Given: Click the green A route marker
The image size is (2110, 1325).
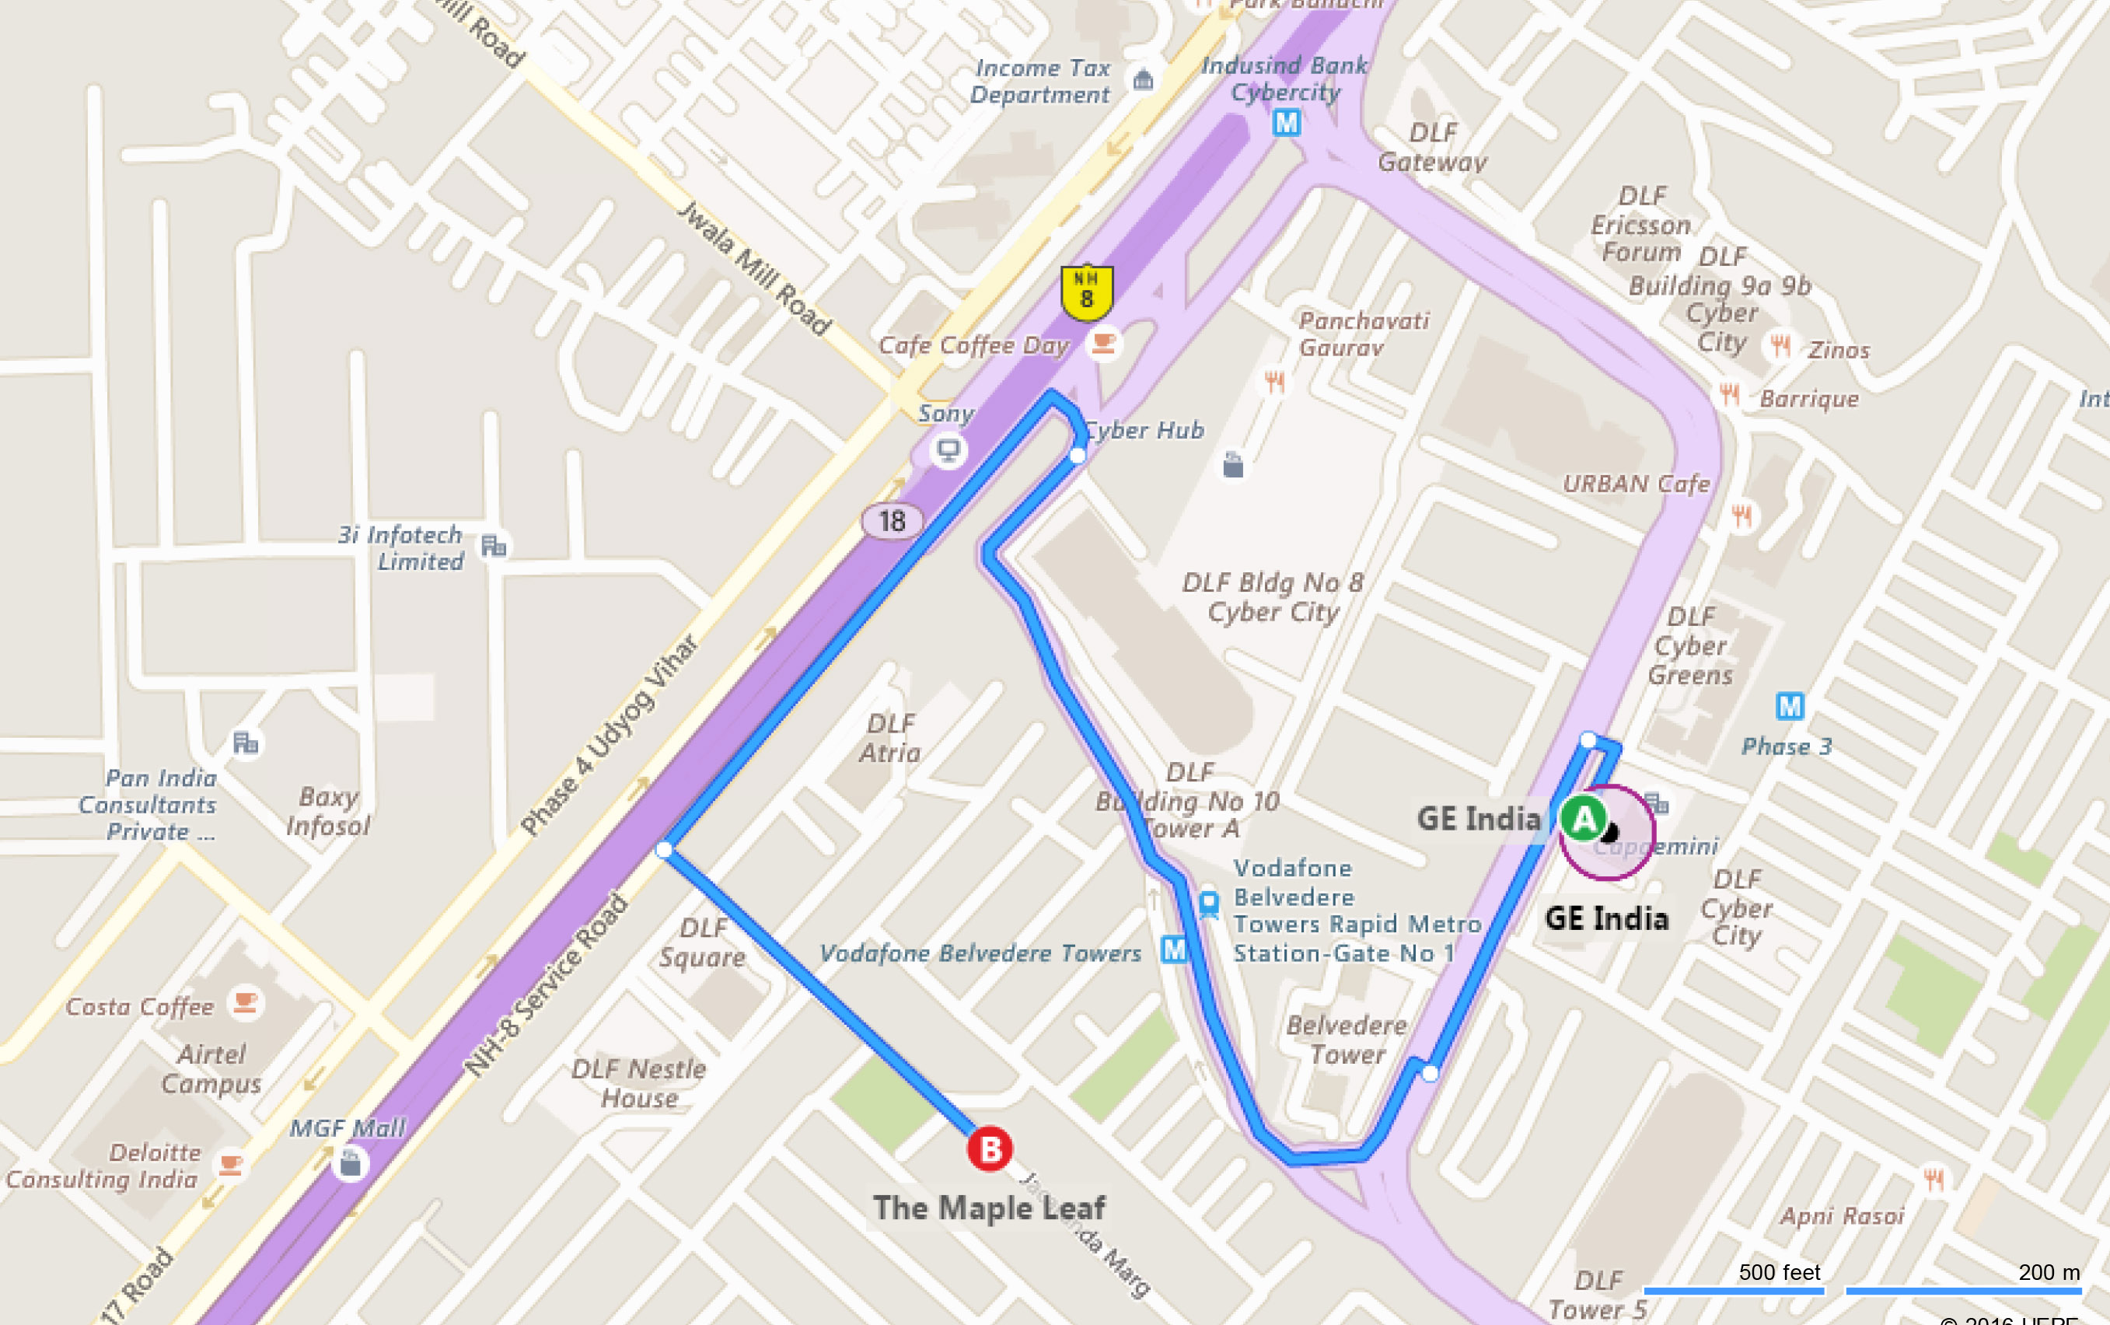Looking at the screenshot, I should (x=1584, y=820).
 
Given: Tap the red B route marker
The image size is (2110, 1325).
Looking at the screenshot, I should (x=990, y=1148).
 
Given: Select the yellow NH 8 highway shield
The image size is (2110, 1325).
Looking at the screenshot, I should (x=1087, y=292).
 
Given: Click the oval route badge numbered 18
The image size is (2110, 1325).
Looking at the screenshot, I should (x=892, y=522).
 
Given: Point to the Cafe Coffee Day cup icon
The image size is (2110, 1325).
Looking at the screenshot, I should (x=1103, y=344).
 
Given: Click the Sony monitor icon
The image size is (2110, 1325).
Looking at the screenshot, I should (x=948, y=451).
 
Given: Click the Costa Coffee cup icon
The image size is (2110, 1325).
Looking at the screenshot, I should (x=246, y=1002).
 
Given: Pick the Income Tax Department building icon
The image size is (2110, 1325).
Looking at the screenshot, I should (x=1143, y=81).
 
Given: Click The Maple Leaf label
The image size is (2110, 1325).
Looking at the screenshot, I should (x=989, y=1208).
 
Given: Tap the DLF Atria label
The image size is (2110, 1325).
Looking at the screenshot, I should (x=890, y=738).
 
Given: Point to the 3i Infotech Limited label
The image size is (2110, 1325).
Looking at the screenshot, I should (x=401, y=547).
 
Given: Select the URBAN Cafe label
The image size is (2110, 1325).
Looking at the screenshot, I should (x=1636, y=484).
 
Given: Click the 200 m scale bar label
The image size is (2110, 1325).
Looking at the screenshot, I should (x=2049, y=1272).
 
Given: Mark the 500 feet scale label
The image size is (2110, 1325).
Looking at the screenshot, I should (x=1779, y=1272).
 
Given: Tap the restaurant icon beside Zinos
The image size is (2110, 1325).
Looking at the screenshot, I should (x=1780, y=345).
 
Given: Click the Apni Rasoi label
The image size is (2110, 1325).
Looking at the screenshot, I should (x=1842, y=1215).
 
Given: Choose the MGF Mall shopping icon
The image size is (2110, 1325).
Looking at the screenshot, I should (x=351, y=1164).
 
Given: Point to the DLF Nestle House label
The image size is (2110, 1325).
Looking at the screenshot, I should (x=639, y=1083).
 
